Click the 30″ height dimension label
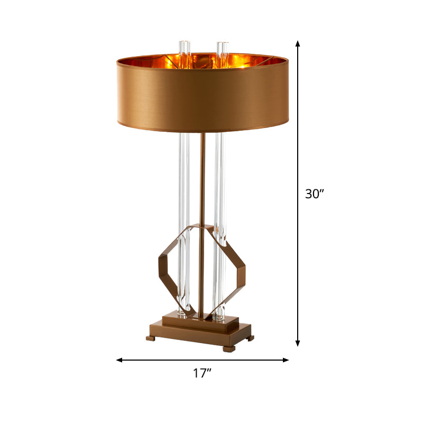tap(314, 194)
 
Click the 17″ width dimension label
tap(202, 373)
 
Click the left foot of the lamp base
tap(151, 336)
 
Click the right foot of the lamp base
tap(229, 348)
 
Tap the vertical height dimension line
tap(298, 132)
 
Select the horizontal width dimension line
tap(159, 360)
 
